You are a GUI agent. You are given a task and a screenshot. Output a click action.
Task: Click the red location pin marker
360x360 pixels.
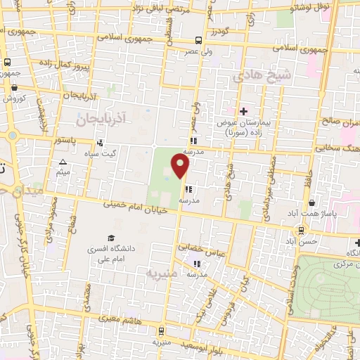[x=181, y=166]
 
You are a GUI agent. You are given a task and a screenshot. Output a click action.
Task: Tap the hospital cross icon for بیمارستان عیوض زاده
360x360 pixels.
[x=244, y=111]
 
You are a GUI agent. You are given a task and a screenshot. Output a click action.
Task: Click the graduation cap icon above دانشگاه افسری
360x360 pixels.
[x=111, y=238]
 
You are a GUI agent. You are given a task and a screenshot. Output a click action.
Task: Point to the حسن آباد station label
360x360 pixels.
[x=307, y=240]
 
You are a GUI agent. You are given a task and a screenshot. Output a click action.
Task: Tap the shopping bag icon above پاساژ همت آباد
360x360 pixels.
[x=311, y=202]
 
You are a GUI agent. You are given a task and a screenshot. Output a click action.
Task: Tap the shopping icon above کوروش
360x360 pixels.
[x=15, y=87]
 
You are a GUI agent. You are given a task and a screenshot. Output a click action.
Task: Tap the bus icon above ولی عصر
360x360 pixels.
[x=199, y=40]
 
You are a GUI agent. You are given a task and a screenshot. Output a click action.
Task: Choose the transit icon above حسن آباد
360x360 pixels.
[x=302, y=230]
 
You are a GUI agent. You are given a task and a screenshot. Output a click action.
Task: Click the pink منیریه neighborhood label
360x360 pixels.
[x=160, y=271]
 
